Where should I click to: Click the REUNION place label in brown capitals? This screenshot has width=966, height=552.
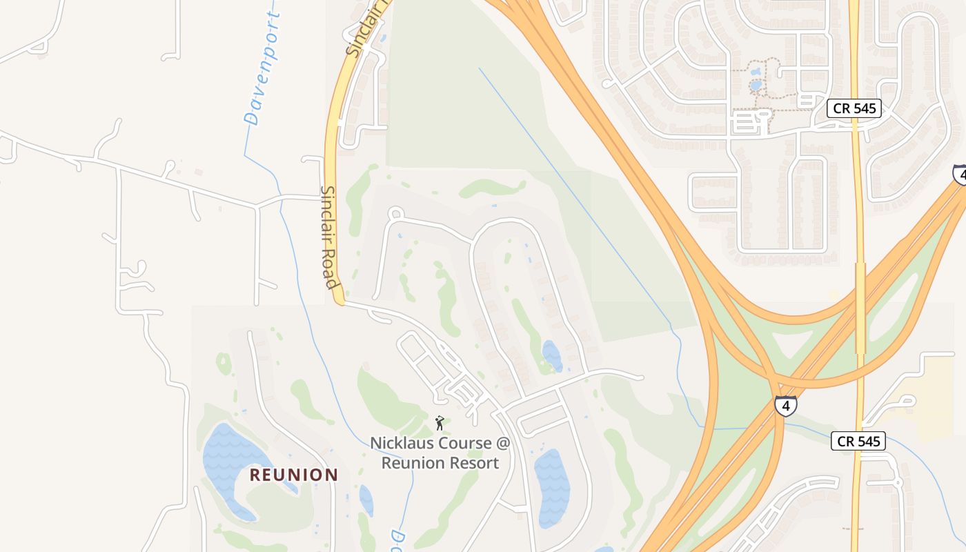click(x=294, y=475)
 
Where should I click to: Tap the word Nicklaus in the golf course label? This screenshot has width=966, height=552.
click(x=401, y=443)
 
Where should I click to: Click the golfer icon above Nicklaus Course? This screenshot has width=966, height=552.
click(x=440, y=423)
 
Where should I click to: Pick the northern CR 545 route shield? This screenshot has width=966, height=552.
click(x=854, y=108)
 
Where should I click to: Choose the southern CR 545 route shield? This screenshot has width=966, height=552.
click(x=858, y=441)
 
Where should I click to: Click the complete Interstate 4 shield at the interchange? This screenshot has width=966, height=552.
click(x=785, y=406)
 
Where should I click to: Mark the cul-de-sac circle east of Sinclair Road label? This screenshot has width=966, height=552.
click(x=395, y=214)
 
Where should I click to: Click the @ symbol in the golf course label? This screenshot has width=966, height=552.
click(x=502, y=443)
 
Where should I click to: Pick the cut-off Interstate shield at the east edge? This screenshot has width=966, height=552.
click(x=960, y=174)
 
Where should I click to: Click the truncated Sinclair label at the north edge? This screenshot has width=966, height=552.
click(x=362, y=31)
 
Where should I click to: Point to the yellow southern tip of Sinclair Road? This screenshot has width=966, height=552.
click(x=338, y=298)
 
